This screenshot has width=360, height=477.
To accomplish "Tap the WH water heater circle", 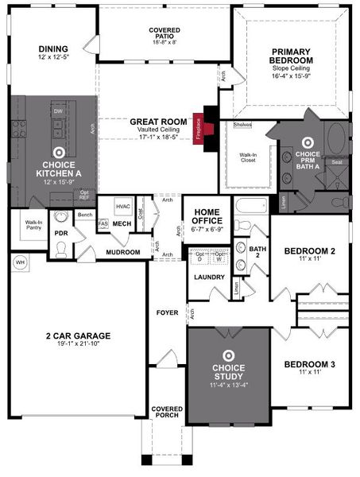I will (20, 261).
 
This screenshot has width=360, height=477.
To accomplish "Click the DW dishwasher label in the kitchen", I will (58, 112).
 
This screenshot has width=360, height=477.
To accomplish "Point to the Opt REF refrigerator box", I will (84, 195).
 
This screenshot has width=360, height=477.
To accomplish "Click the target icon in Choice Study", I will (228, 355).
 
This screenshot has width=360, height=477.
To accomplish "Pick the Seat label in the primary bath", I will (337, 162).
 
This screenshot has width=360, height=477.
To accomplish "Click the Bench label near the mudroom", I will (86, 215).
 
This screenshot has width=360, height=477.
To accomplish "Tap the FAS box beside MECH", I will (103, 224).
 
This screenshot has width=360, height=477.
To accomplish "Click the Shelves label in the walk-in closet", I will (243, 125).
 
